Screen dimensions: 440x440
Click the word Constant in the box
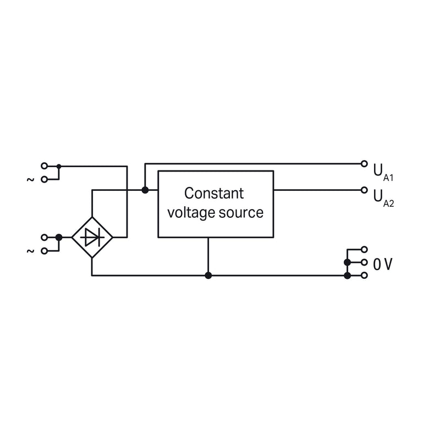(x=214, y=194)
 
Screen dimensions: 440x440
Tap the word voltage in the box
(x=191, y=213)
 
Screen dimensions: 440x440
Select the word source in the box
(x=241, y=213)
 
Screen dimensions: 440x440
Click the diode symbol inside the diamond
(x=92, y=238)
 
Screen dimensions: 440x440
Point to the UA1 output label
(x=383, y=172)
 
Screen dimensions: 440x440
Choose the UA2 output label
(x=383, y=198)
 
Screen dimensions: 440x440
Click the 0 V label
(x=382, y=264)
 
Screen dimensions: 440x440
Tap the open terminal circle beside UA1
(x=364, y=163)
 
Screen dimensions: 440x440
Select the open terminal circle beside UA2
(x=364, y=190)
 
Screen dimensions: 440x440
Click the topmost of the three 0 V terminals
(x=364, y=249)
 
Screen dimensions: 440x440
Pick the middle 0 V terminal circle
(x=364, y=262)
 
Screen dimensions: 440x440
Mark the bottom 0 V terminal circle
(x=364, y=276)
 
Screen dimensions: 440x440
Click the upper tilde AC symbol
(x=30, y=179)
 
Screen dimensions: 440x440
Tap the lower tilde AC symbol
(x=30, y=251)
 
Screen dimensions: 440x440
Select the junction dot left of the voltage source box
(x=145, y=190)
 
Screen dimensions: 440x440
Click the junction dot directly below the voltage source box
(x=208, y=276)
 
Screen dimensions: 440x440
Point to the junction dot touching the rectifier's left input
(x=59, y=238)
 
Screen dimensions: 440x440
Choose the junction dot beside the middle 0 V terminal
(x=348, y=262)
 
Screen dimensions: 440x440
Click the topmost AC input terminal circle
(x=44, y=166)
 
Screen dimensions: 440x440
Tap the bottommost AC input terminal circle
(x=44, y=251)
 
